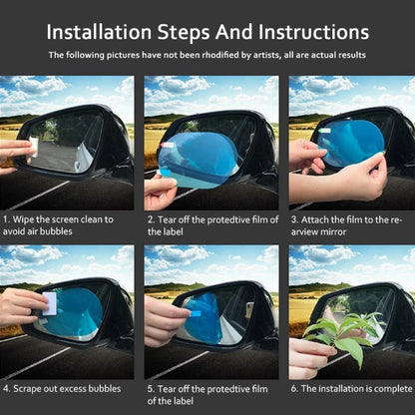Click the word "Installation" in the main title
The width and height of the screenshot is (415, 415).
click(99, 32)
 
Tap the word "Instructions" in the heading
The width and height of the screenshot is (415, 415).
click(313, 32)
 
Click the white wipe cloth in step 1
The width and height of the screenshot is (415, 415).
click(34, 147)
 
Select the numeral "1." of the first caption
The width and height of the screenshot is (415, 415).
click(7, 219)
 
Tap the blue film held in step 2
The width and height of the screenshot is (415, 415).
click(198, 161)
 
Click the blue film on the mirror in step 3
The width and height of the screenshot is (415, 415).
click(350, 144)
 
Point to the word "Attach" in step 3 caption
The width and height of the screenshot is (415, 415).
click(314, 219)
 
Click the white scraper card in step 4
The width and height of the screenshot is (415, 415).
click(50, 303)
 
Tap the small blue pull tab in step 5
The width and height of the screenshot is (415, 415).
click(196, 313)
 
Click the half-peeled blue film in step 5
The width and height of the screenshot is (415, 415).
click(203, 318)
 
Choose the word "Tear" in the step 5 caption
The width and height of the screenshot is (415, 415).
click(167, 389)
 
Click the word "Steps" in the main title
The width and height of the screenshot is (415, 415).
click(184, 33)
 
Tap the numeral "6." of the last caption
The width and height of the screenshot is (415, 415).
click(294, 389)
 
